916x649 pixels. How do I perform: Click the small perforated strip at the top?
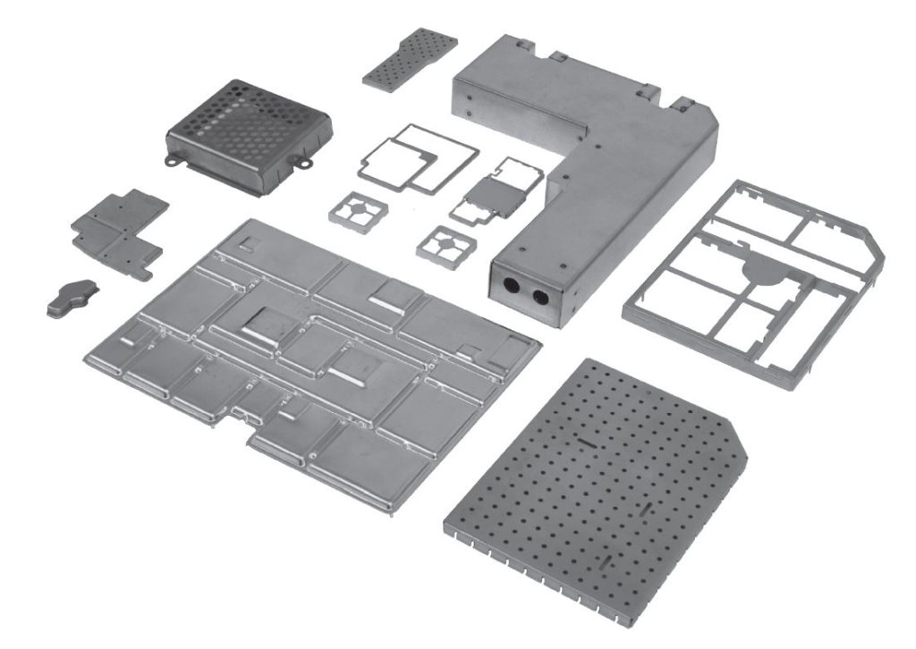409,57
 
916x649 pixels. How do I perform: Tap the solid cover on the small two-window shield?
492,194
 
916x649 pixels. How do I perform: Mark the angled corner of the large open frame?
867,234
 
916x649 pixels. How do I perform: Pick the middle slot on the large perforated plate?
645,507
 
